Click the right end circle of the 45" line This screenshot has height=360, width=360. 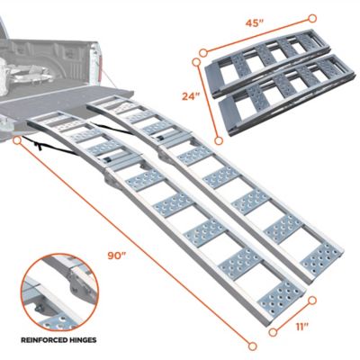311,17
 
